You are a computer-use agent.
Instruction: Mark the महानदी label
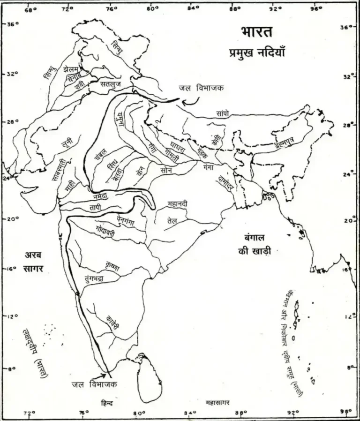click(178, 203)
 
